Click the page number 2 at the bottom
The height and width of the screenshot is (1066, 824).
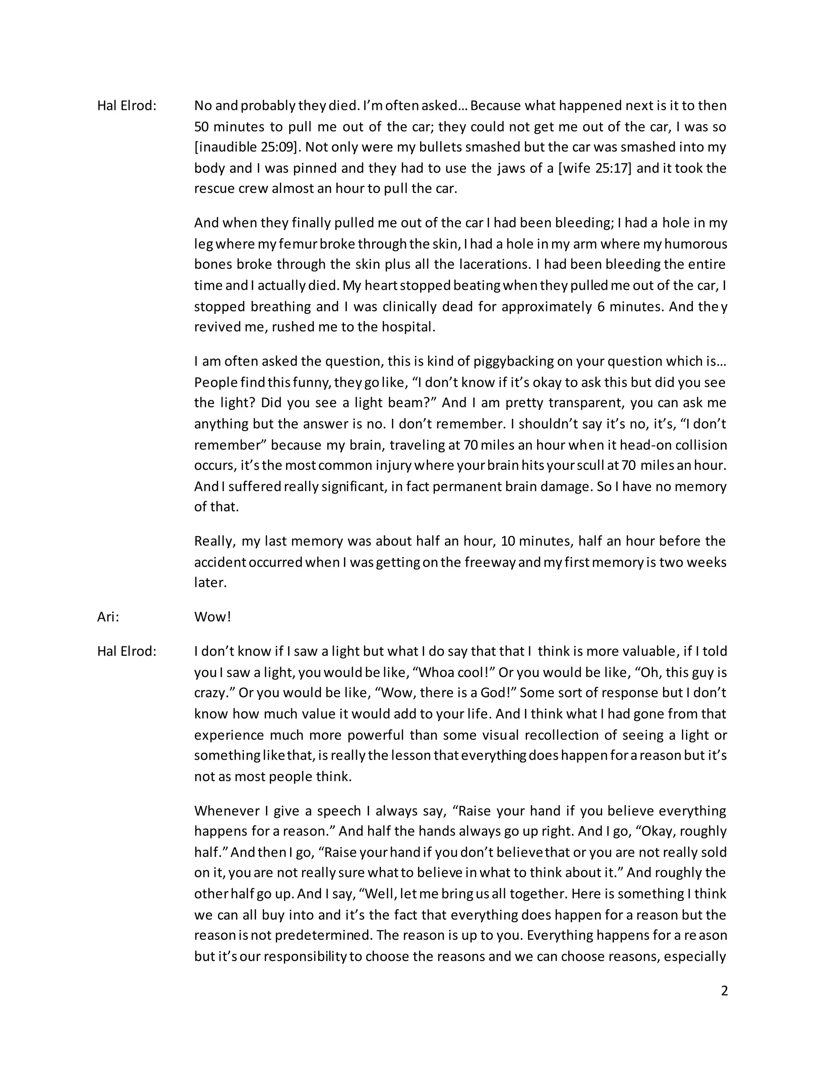tap(724, 990)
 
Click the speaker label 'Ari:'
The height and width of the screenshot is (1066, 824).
tap(108, 617)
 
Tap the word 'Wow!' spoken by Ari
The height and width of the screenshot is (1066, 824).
tap(212, 617)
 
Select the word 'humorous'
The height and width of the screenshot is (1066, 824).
tap(696, 243)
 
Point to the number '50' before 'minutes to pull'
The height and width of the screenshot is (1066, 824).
tap(202, 127)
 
